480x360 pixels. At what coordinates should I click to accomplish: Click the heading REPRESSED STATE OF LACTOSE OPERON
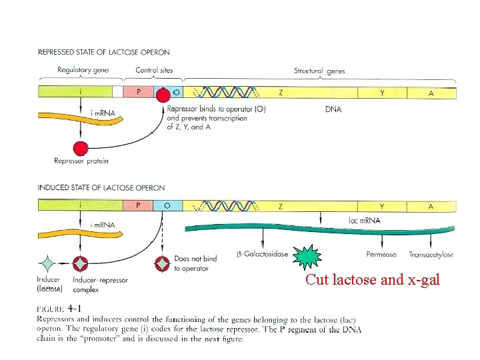[x=103, y=52]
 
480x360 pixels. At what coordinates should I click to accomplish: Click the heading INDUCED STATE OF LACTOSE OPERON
[x=101, y=188]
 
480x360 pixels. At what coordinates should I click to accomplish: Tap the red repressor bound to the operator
[x=163, y=95]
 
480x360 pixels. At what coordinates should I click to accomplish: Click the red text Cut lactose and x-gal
[x=372, y=280]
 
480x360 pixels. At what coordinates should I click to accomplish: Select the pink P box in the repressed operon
[x=138, y=93]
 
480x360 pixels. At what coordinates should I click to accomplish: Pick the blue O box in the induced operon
[x=167, y=206]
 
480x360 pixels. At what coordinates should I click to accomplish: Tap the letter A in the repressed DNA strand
[x=431, y=93]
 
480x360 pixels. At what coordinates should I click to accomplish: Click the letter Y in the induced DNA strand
[x=382, y=206]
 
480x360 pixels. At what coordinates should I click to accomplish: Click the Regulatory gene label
[x=83, y=71]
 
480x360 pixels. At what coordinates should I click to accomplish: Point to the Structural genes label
[x=319, y=71]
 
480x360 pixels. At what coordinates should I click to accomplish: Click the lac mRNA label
[x=365, y=221]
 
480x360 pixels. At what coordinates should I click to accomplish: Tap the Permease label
[x=381, y=254]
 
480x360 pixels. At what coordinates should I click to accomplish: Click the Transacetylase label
[x=431, y=254]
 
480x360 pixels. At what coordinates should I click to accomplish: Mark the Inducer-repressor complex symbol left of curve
[x=80, y=263]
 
